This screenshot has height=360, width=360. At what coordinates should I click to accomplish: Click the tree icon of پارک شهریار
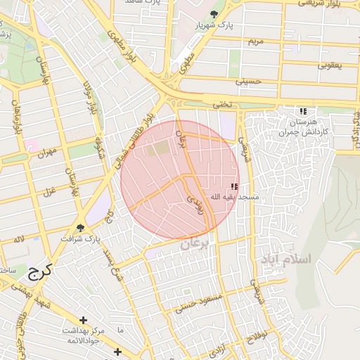tap(214, 14)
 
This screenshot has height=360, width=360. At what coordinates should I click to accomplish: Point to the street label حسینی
tap(247, 82)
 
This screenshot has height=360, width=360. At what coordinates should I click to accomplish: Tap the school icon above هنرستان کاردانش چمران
tap(303, 111)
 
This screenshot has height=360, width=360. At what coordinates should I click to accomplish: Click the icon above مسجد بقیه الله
tap(234, 186)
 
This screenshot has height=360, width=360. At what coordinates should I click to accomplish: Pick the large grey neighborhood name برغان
tap(195, 244)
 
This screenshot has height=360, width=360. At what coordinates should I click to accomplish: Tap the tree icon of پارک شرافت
tap(81, 228)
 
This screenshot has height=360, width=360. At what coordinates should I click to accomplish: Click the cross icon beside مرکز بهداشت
tap(84, 320)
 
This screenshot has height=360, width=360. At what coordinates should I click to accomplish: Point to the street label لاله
tap(19, 240)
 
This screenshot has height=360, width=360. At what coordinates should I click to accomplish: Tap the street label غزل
tap(50, 192)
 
